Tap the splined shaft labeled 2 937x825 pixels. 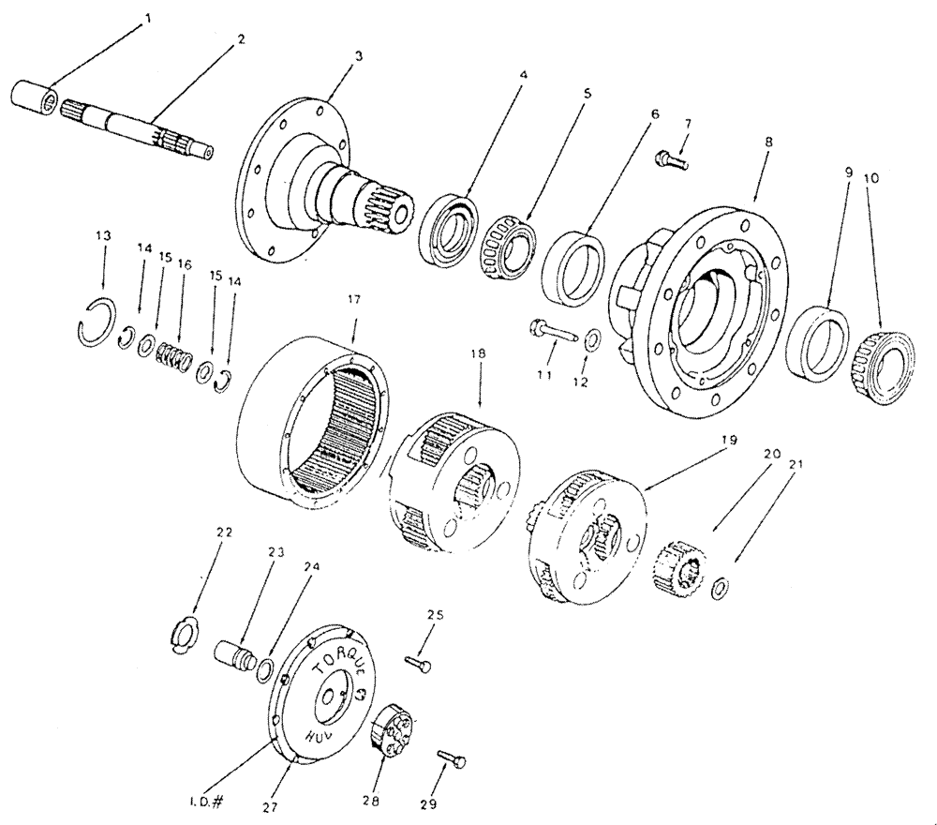[141, 130]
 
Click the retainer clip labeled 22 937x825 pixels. [185, 635]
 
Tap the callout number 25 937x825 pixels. [433, 616]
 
